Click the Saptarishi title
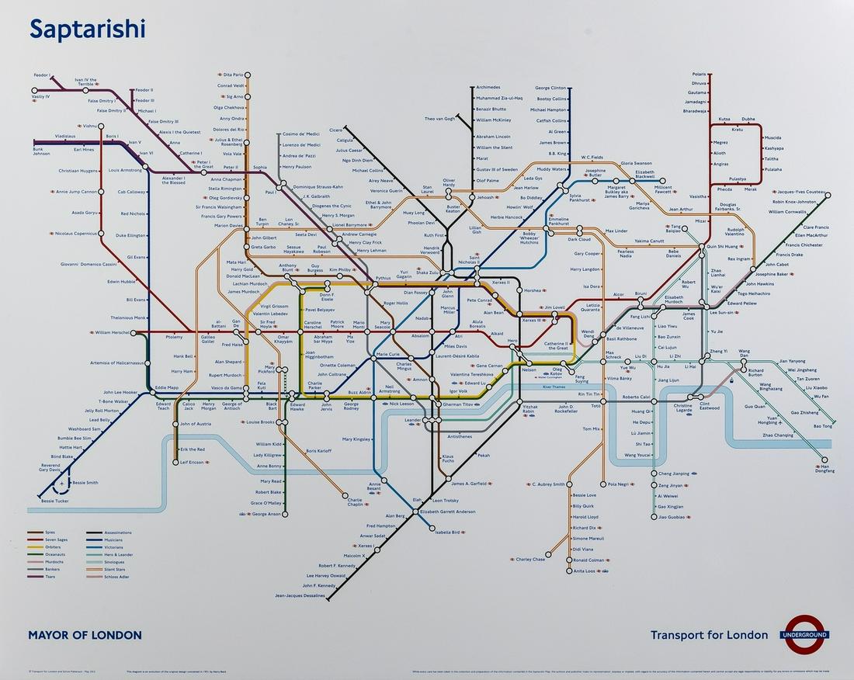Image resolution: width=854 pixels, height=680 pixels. click(x=87, y=29)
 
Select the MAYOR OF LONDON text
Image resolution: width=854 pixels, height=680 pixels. click(x=85, y=635)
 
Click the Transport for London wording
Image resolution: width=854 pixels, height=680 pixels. click(x=709, y=635)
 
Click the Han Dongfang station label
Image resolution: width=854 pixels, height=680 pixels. click(x=824, y=468)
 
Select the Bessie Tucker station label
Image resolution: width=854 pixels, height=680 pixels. click(x=55, y=501)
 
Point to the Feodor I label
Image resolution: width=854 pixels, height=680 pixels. click(x=42, y=75)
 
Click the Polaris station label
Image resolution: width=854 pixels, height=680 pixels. click(x=699, y=74)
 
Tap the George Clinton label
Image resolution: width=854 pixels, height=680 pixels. click(x=550, y=88)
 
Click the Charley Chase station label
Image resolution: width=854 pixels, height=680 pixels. click(x=530, y=559)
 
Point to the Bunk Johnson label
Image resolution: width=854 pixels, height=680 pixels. click(x=41, y=151)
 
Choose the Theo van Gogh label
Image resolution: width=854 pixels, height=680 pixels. click(x=440, y=119)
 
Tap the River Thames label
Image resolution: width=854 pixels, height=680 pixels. click(x=554, y=386)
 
